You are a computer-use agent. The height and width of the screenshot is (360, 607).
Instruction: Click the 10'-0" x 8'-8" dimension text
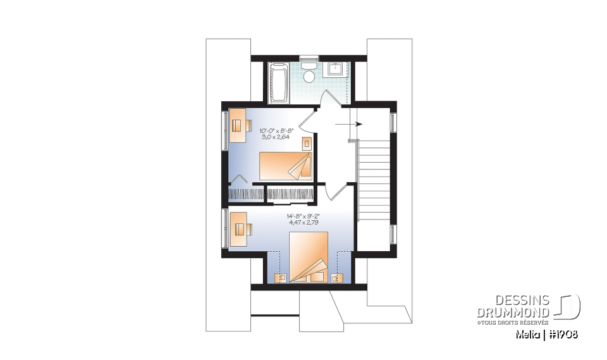tap(277, 131)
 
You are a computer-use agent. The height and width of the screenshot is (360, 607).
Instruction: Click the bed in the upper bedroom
tap(286, 166)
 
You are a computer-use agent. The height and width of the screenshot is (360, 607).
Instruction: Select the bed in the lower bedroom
tap(309, 256)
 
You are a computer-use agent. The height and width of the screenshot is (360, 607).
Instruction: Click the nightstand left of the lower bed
tap(281, 277)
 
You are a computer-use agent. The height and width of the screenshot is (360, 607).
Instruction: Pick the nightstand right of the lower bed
tap(336, 277)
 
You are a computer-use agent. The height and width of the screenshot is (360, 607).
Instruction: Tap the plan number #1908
tap(561, 334)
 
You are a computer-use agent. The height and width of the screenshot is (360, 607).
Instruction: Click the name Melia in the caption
tap(524, 334)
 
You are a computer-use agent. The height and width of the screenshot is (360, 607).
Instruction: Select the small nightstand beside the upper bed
tap(307, 144)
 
